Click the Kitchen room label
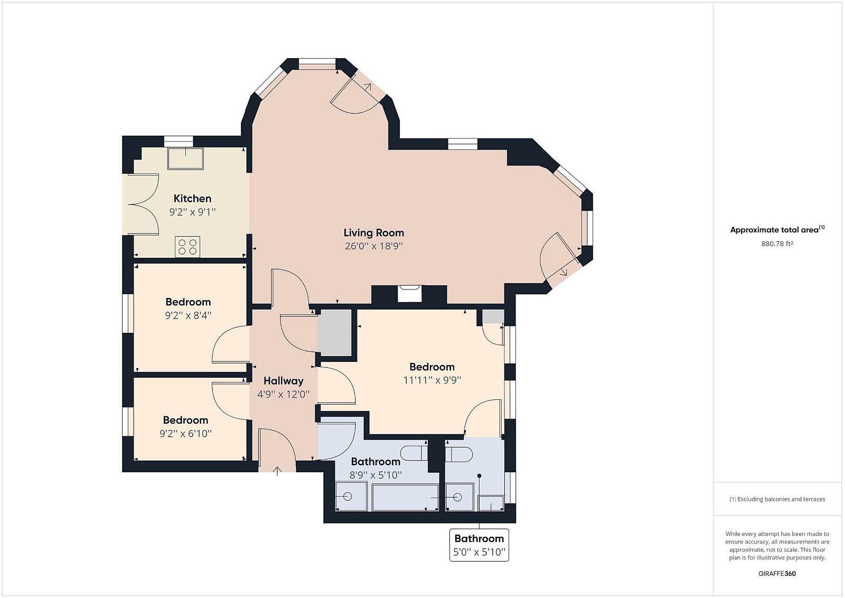pos(192,199)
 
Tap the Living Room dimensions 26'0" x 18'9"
pos(374,246)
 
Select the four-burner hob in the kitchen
pos(187,247)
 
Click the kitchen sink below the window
pos(185,158)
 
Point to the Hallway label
pos(283,381)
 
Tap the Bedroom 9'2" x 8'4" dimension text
pos(188,315)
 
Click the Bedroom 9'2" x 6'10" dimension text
pos(185,434)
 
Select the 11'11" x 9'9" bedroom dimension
pos(432,380)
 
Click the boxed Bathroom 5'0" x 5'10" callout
pos(479,545)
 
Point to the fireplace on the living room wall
pos(410,294)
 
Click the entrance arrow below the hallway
pos(277,471)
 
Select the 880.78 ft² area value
pos(777,244)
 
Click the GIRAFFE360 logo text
pos(777,574)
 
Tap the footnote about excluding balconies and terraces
pos(777,499)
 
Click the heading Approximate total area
pos(777,229)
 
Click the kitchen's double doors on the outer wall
pos(144,204)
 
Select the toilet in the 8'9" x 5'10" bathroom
pos(414,453)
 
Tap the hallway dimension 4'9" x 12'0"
pos(283,395)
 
